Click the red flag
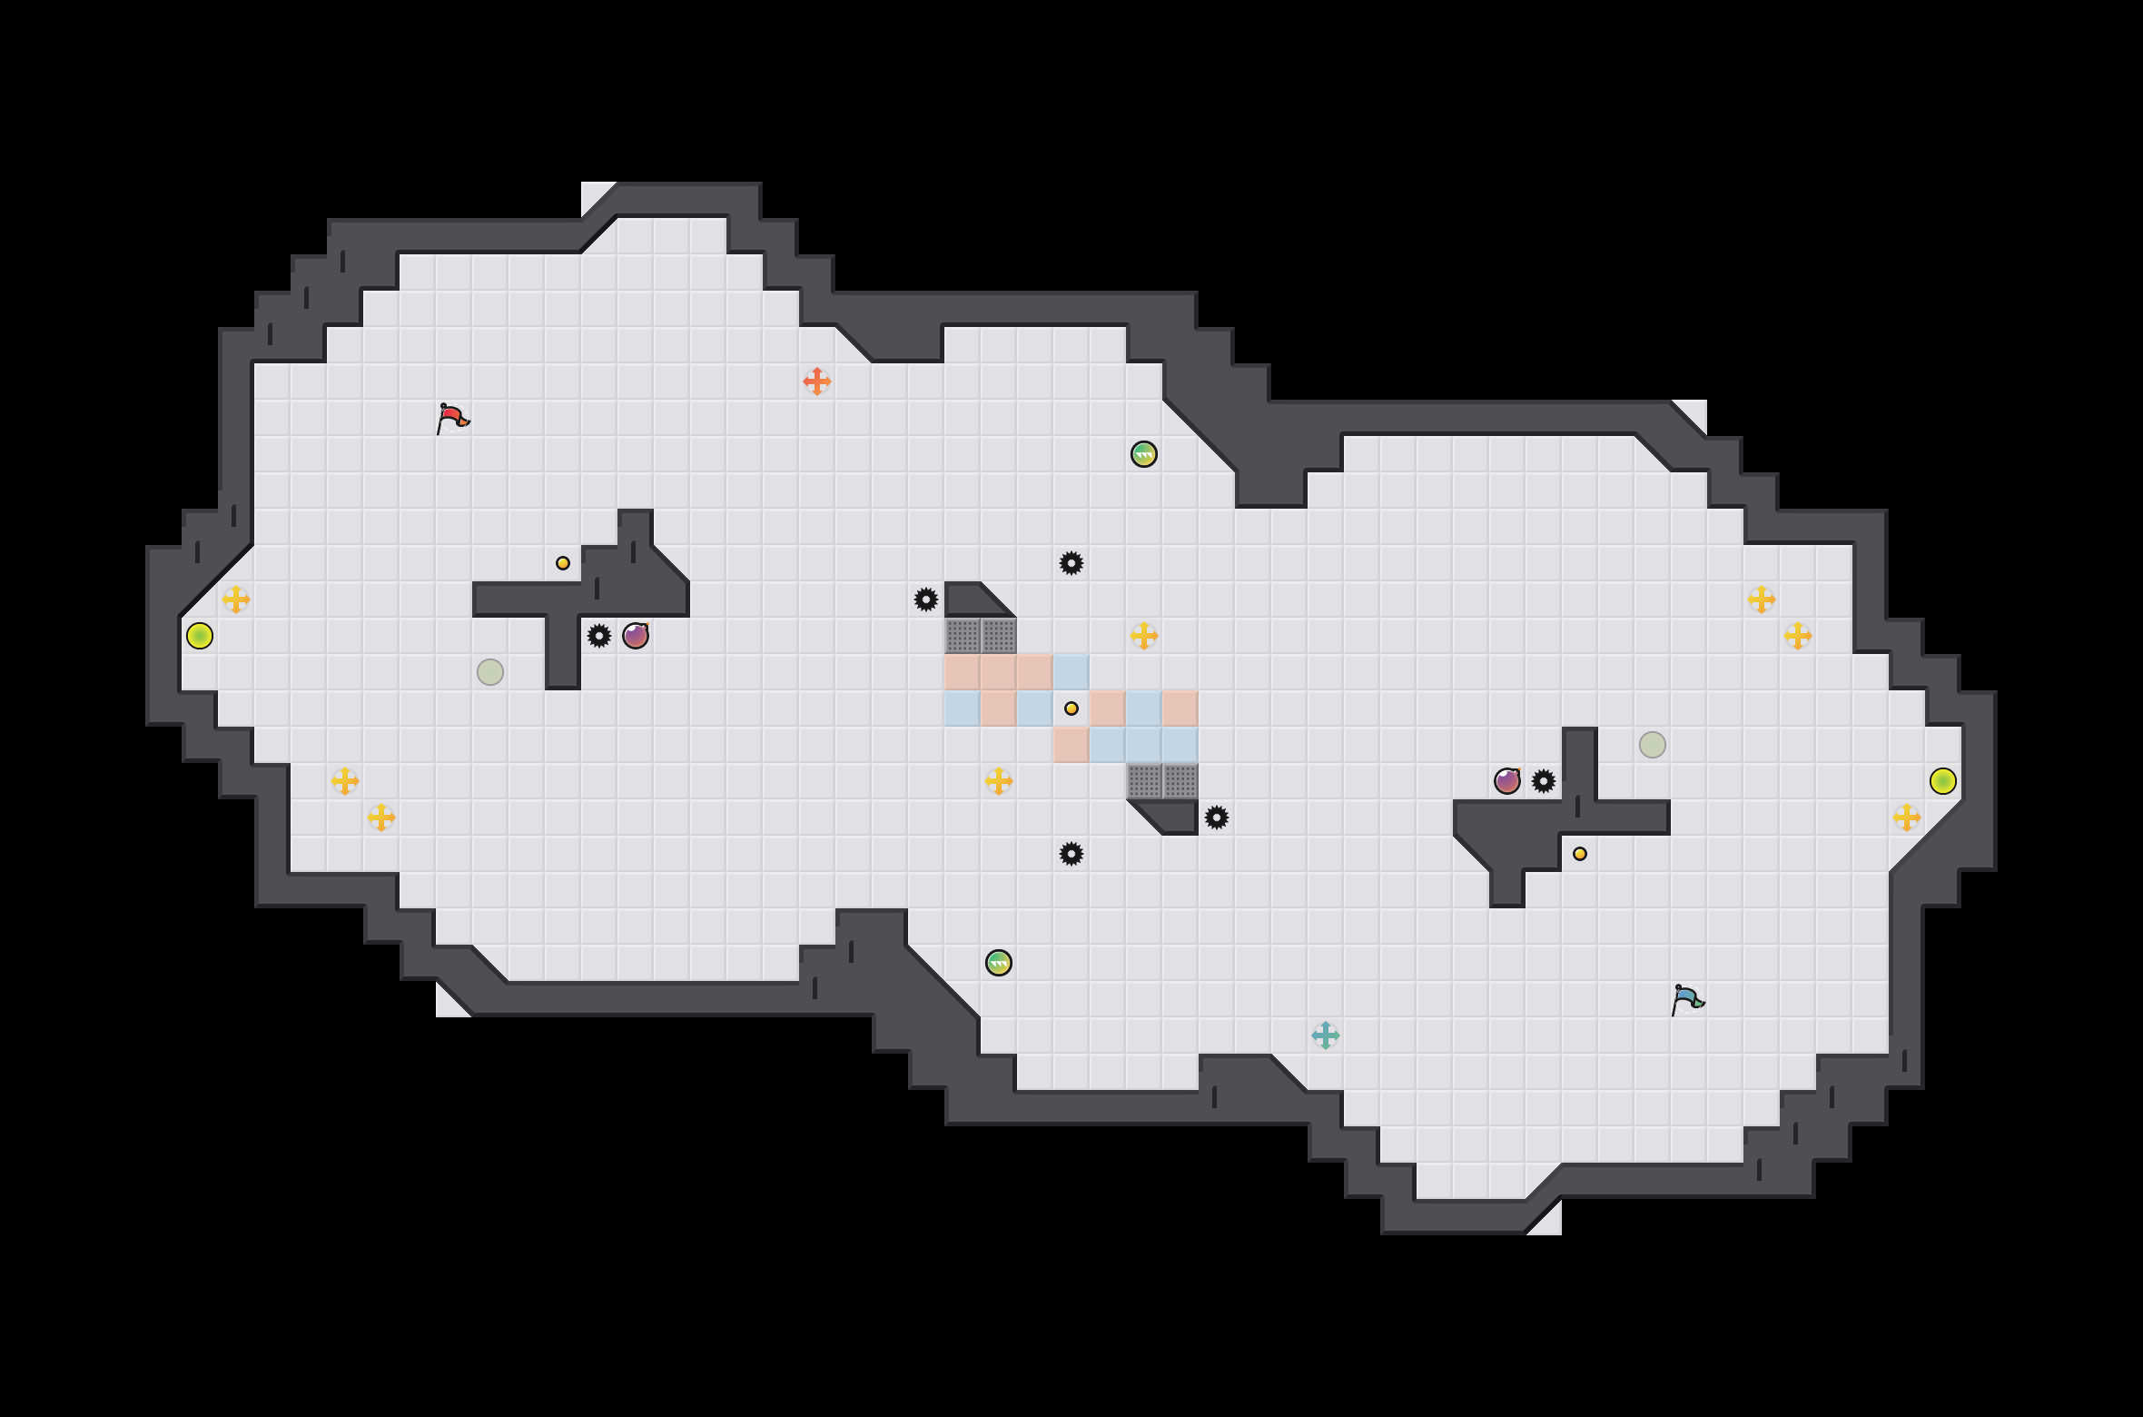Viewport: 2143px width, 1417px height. pos(452,418)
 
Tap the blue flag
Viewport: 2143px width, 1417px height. pos(1687,999)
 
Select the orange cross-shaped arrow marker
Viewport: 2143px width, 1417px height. pos(817,381)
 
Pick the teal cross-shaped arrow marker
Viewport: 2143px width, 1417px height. pos(1326,1035)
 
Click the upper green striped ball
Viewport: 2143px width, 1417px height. pos(1144,454)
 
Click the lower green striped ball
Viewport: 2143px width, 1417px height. pos(999,963)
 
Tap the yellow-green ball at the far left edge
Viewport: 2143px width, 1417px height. pos(200,636)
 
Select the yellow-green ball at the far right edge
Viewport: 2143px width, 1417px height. pos(1943,781)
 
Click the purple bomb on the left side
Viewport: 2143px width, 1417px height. pos(636,636)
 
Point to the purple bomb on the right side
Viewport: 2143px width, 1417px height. pos(1507,781)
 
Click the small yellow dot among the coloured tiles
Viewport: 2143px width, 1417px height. pos(1071,708)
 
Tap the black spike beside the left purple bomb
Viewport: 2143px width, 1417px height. pos(599,636)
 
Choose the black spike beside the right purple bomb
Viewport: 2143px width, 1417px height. pos(1544,781)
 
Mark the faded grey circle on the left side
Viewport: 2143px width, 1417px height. pos(490,672)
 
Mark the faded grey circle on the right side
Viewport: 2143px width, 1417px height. pos(1653,745)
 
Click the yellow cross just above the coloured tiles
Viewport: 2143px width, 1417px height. pos(1144,636)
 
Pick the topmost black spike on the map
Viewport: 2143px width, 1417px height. pos(1071,563)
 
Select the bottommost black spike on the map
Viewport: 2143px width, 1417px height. pos(1071,854)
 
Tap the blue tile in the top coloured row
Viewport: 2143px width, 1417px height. pos(1071,672)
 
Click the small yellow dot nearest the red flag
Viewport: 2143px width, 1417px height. pos(563,563)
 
